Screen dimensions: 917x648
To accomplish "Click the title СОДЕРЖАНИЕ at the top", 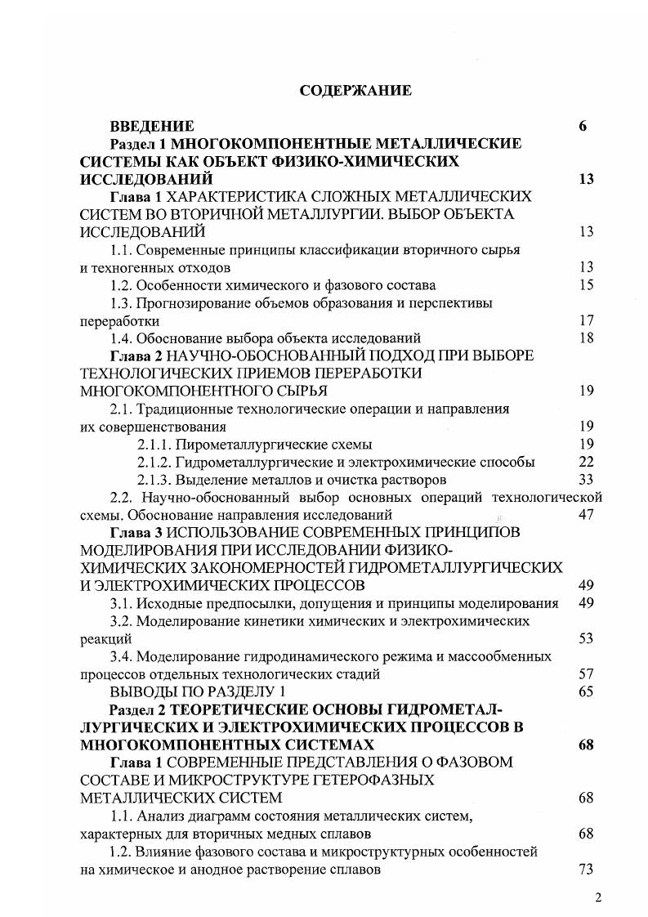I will [x=355, y=90].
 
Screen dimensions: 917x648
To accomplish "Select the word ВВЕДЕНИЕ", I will [x=152, y=126].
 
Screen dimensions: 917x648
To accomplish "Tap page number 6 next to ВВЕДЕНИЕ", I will [x=583, y=126].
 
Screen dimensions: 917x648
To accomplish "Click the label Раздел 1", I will [x=140, y=144].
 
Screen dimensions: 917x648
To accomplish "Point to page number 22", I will [x=585, y=462].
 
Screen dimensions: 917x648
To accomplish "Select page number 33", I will [x=585, y=479].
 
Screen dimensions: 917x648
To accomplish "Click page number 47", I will [x=585, y=515].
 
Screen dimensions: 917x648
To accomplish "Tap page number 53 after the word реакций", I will [x=585, y=638].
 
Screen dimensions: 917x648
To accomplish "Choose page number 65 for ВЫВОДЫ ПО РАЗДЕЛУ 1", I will [x=585, y=691].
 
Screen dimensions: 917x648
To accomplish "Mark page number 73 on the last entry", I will [x=585, y=869].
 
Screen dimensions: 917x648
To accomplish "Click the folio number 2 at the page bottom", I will [x=598, y=898].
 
